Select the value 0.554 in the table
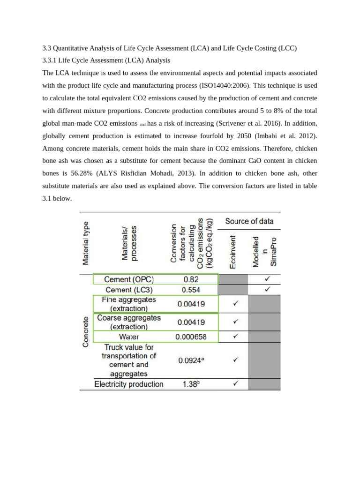tap(191, 290)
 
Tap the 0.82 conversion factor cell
tap(190, 279)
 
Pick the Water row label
tap(128, 337)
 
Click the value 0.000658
tap(190, 337)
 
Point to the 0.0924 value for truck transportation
tap(190, 361)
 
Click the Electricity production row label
tap(129, 384)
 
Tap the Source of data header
tap(249, 221)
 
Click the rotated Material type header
tap(86, 243)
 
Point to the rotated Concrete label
tap(86, 331)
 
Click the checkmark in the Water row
tap(235, 337)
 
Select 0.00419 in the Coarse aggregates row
tap(190, 322)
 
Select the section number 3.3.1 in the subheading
tap(49, 60)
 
